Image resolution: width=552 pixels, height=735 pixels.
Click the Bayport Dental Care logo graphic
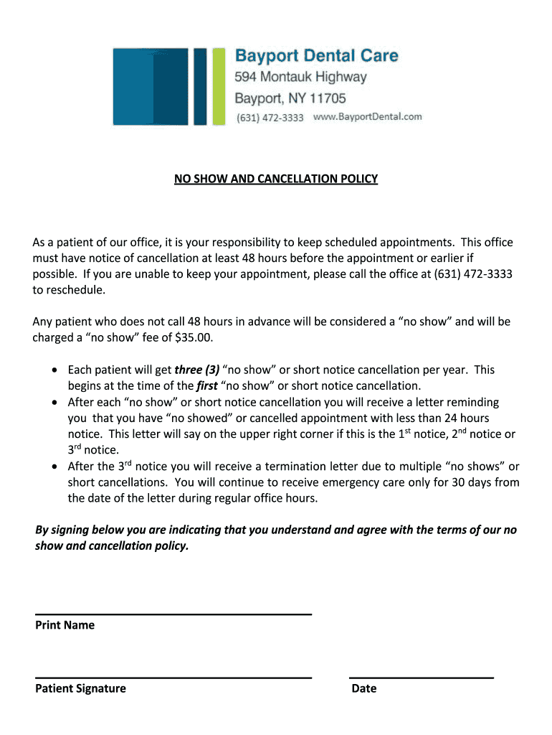click(x=169, y=85)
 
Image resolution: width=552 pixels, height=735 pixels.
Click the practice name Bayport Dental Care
click(x=317, y=55)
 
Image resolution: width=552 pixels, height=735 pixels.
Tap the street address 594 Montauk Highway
click(x=301, y=77)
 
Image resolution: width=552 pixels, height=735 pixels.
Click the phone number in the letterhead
click(x=270, y=117)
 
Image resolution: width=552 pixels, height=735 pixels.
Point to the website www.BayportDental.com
click(x=368, y=116)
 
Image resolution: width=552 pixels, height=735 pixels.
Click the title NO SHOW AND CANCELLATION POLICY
click(x=276, y=178)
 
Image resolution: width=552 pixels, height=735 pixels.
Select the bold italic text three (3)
click(x=197, y=370)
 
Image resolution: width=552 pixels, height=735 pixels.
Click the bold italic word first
click(x=207, y=386)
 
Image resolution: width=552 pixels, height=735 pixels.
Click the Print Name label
click(x=65, y=625)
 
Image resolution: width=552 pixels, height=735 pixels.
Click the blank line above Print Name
click(x=173, y=614)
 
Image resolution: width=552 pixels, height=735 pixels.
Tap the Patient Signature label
click(x=80, y=688)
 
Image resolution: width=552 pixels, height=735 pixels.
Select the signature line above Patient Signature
click(x=173, y=677)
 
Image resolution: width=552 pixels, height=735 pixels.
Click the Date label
click(x=364, y=688)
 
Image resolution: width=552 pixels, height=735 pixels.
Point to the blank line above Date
click(x=422, y=677)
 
